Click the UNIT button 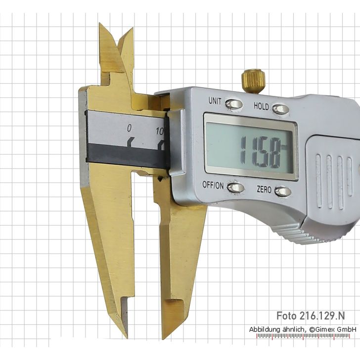point(233,104)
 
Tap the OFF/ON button point(235,187)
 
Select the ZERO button point(283,191)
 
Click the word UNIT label point(215,100)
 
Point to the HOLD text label point(261,106)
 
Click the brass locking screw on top point(253,81)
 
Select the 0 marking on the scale point(129,128)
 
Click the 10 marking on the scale point(160,132)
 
